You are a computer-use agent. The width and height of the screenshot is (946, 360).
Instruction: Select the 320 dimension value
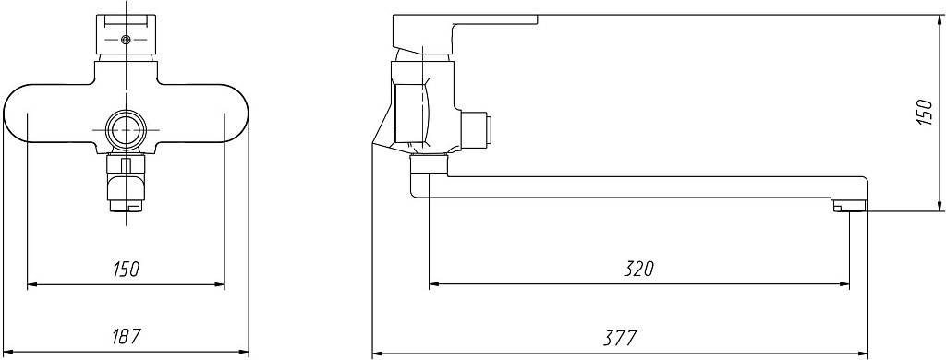[x=639, y=269]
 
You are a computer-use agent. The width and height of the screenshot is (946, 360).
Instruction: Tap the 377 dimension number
[x=620, y=338]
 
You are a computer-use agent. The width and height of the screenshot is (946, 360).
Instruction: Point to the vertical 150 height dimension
[x=924, y=113]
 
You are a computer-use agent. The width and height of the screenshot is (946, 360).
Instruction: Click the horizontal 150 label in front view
[x=126, y=269]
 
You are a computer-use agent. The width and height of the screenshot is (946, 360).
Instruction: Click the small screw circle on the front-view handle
[x=126, y=40]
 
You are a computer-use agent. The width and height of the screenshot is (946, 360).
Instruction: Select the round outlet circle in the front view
[x=126, y=129]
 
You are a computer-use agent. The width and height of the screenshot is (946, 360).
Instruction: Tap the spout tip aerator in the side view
[x=850, y=207]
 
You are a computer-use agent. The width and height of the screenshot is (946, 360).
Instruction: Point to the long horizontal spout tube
[x=639, y=187]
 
